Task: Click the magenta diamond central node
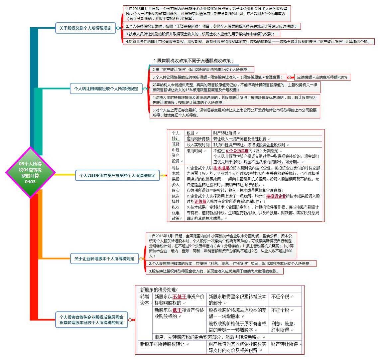[x=30, y=173]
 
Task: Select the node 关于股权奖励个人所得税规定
[x=85, y=28]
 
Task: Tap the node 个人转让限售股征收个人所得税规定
[x=106, y=89]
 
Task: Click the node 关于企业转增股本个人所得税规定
[x=104, y=259]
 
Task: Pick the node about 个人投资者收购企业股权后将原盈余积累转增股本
[x=91, y=320]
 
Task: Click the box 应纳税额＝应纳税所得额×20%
[x=322, y=77]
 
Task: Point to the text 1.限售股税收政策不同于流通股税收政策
[x=194, y=61]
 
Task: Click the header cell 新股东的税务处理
[x=159, y=289]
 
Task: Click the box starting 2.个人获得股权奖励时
[x=212, y=26]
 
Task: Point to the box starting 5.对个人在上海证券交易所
[x=235, y=112]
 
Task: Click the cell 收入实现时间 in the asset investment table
[x=198, y=145]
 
